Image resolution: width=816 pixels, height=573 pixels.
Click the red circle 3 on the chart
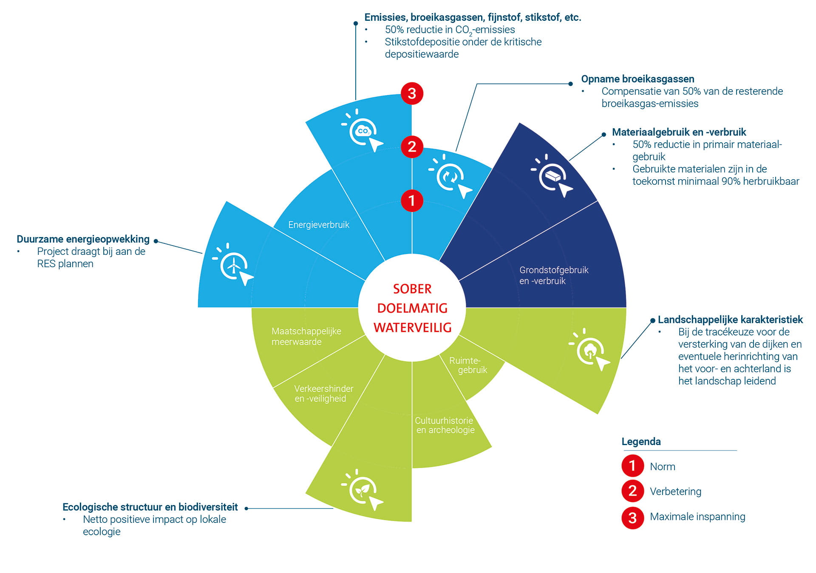click(x=412, y=93)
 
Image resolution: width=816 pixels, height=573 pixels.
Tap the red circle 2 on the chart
click(x=412, y=147)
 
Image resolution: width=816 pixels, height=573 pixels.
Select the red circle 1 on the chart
click(x=412, y=200)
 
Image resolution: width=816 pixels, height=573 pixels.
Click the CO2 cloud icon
click(x=363, y=131)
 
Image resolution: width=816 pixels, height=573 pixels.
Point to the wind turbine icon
click(x=233, y=266)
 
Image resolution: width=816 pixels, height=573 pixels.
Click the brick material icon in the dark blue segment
click(x=552, y=175)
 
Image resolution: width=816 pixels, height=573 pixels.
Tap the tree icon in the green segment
click(x=590, y=350)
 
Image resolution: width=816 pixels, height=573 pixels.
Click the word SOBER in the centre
click(x=412, y=289)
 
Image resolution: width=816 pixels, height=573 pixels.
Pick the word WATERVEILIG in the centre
click(x=412, y=327)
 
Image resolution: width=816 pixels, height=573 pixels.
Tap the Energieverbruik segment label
click(x=319, y=225)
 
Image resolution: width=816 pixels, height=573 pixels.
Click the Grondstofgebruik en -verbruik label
click(x=553, y=275)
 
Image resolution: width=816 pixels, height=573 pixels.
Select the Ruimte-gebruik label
click(x=467, y=365)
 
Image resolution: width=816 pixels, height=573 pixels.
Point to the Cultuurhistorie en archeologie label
click(x=445, y=425)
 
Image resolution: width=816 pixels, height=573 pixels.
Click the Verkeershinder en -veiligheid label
click(x=323, y=393)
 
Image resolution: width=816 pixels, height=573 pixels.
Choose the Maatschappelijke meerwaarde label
click(x=306, y=336)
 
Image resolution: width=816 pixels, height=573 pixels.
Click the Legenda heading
click(x=641, y=441)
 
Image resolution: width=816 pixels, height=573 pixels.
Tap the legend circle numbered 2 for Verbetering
click(x=632, y=491)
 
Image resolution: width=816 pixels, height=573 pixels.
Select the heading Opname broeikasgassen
click(x=637, y=79)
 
